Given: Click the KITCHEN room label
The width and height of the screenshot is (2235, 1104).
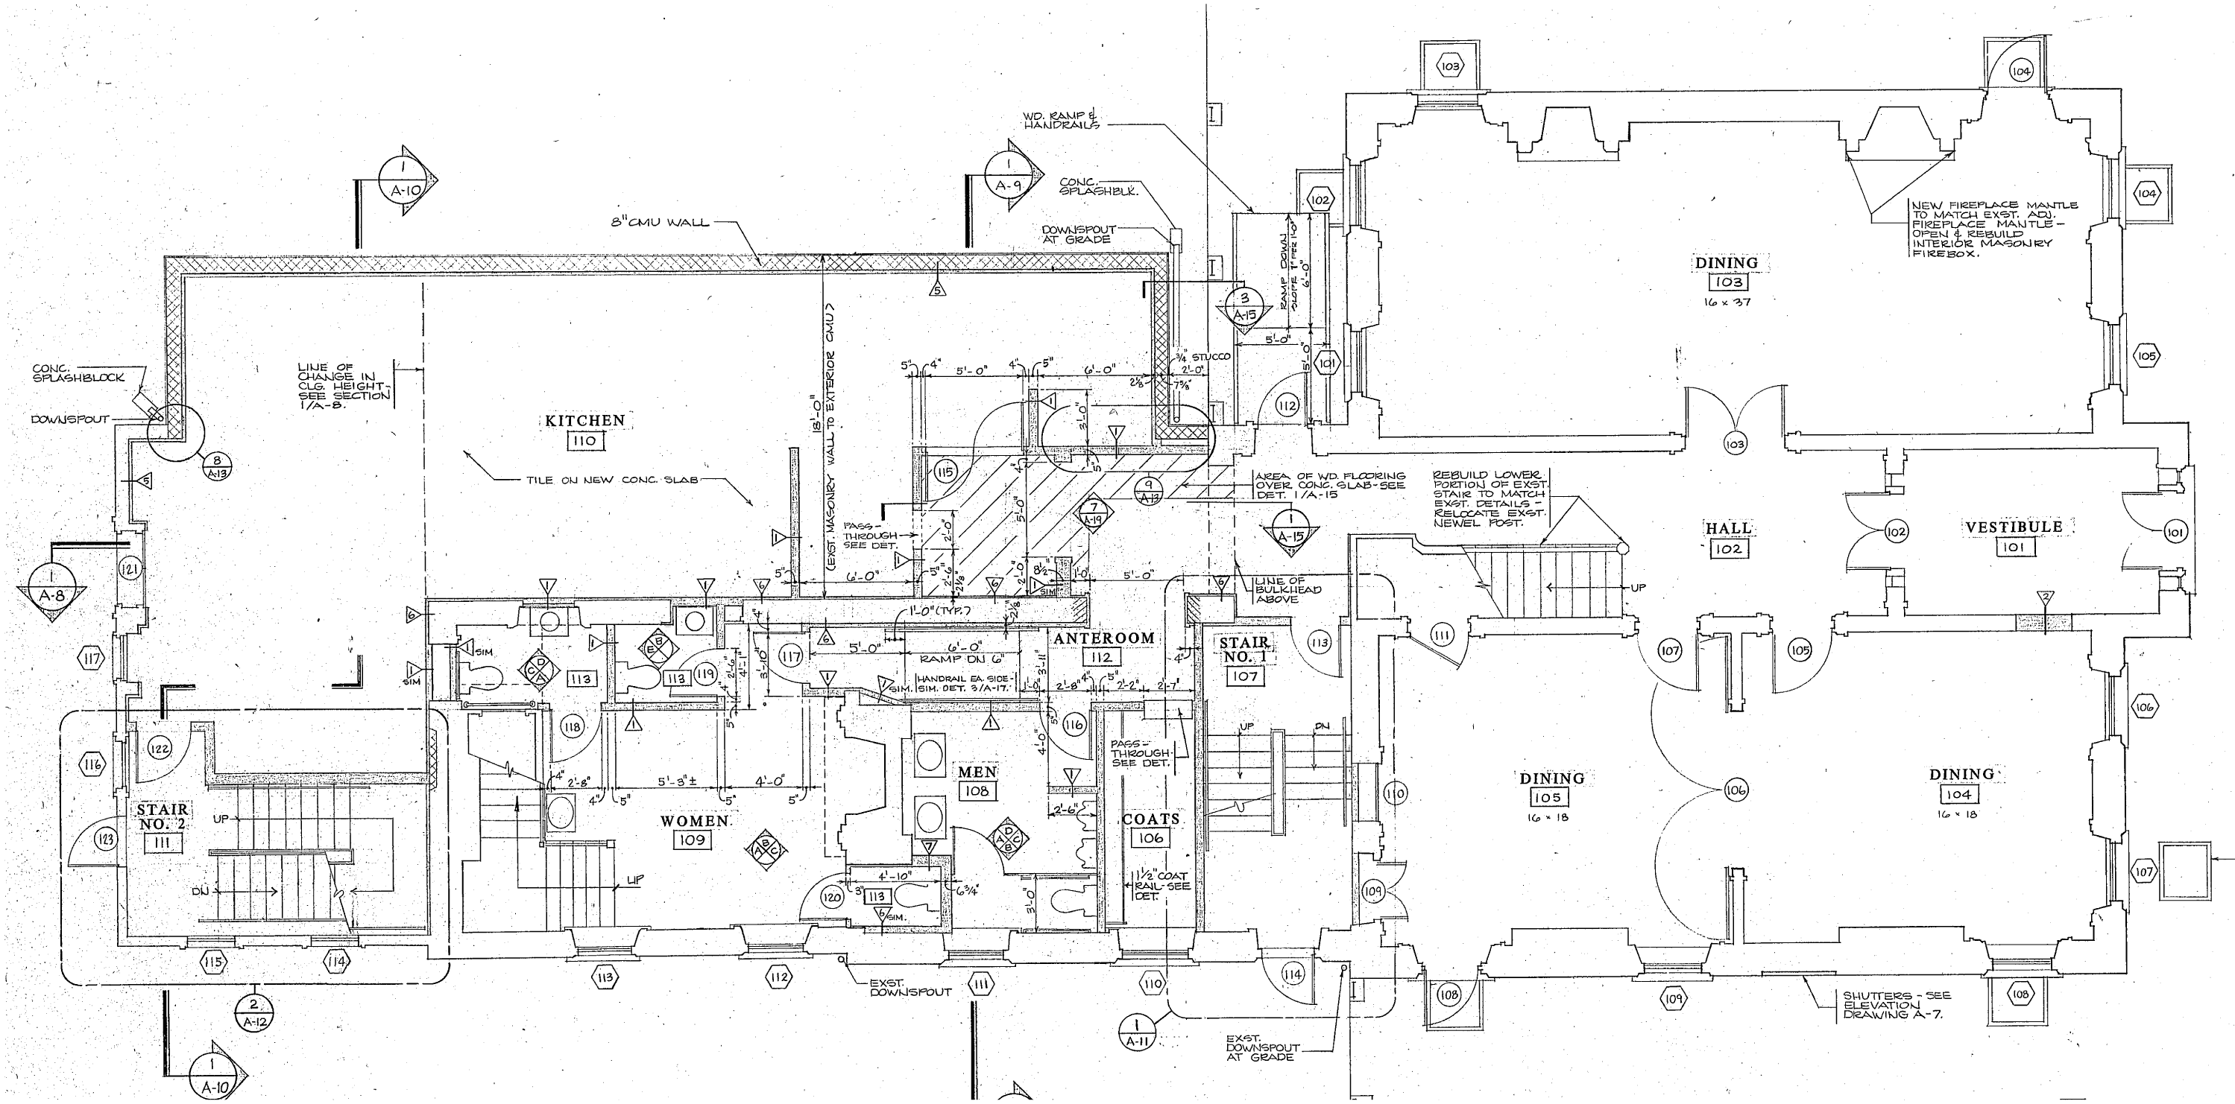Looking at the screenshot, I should point(584,421).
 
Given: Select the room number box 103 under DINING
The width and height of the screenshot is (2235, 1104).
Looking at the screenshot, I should point(1727,282).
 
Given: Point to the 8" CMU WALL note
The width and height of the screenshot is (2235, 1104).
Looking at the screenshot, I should point(660,222).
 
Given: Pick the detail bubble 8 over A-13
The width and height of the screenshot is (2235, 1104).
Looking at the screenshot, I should point(217,465).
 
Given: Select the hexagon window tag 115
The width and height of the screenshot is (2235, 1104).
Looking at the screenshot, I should point(213,961).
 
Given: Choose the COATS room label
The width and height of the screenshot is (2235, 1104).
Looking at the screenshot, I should point(1150,819).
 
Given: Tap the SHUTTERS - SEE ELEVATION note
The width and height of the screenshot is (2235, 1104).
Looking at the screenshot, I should point(1896,1004).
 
